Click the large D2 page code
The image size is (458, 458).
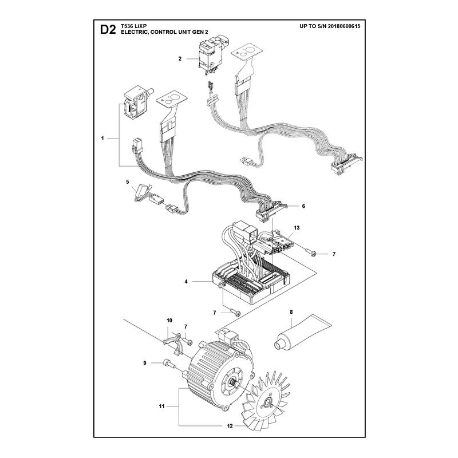pyautogui.click(x=108, y=30)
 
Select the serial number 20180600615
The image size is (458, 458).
pyautogui.click(x=344, y=26)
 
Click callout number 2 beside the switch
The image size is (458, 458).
pyautogui.click(x=180, y=59)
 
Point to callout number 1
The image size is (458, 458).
pyautogui.click(x=102, y=138)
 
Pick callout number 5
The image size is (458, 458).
pyautogui.click(x=127, y=182)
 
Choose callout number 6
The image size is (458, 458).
pyautogui.click(x=303, y=206)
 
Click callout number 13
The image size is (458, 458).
pyautogui.click(x=297, y=227)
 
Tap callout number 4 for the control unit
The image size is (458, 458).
pyautogui.click(x=186, y=282)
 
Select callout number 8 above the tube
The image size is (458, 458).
pyautogui.click(x=291, y=312)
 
